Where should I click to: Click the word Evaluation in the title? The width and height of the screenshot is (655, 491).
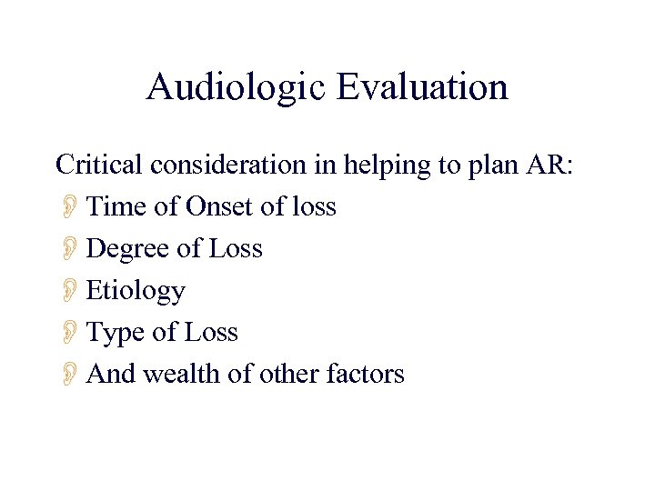422,88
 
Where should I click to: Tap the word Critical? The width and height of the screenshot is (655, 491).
100,165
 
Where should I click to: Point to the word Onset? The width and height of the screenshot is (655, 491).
220,207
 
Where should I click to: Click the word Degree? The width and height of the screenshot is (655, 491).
128,249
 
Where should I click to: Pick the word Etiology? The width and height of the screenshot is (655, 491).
136,291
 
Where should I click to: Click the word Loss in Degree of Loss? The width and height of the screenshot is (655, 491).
235,249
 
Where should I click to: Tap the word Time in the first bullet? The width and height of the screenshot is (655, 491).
118,207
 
